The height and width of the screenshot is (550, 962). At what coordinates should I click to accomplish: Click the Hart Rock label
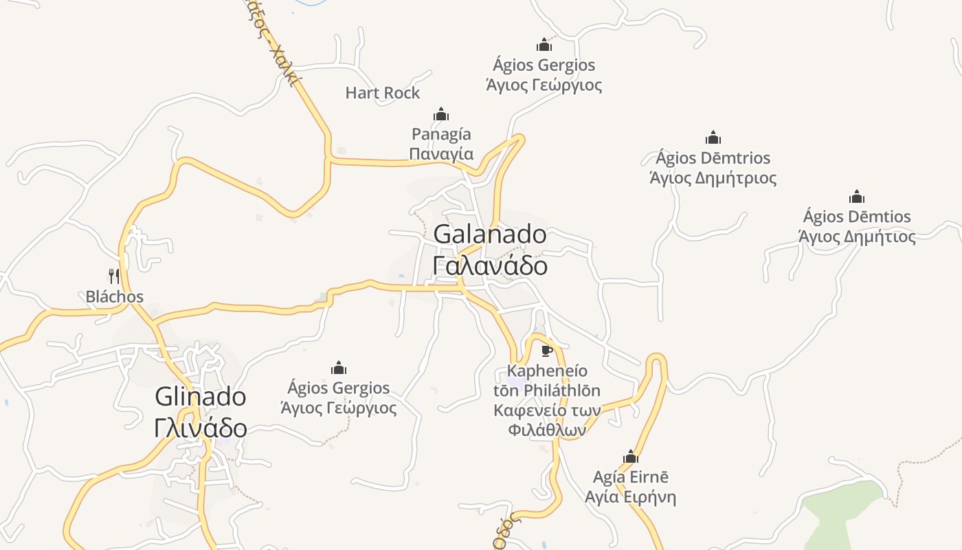pos(382,93)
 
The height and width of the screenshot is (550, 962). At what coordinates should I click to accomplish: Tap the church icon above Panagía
pos(441,113)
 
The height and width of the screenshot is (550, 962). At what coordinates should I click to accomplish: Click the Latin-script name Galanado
pos(490,234)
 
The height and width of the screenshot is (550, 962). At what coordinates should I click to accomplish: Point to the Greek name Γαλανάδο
pos(490,265)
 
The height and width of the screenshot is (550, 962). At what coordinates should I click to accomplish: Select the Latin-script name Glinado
pos(200,397)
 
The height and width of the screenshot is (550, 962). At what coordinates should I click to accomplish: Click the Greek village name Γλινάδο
pos(200,428)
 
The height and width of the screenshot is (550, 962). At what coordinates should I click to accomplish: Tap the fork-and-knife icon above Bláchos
pos(114,276)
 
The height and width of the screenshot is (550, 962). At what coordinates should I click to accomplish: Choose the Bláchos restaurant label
pos(114,297)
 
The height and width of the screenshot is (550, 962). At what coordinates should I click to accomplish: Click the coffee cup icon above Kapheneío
pos(547,351)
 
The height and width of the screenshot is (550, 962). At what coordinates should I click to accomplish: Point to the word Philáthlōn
pos(561,390)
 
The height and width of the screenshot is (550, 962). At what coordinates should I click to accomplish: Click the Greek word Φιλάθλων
pos(547,430)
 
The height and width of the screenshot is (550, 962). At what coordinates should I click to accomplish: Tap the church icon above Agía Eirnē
pos(631,456)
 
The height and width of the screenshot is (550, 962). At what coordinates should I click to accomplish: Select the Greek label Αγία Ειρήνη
pos(630,497)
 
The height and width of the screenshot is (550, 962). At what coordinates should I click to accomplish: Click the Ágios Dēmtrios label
pos(713,158)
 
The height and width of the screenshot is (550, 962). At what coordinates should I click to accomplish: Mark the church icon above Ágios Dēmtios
pos(857,197)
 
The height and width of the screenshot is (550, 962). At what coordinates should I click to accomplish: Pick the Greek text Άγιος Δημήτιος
pos(857,237)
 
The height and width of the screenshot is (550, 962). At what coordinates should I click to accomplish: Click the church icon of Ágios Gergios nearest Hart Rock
pos(544,45)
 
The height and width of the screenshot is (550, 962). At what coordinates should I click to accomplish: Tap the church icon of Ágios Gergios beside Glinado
pos(339,368)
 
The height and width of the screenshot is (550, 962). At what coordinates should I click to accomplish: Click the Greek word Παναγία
pos(441,153)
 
